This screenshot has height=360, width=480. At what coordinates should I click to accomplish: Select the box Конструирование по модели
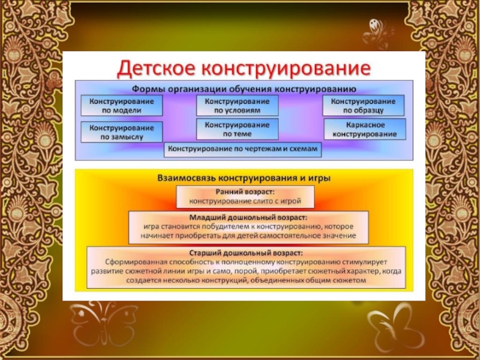point(121,106)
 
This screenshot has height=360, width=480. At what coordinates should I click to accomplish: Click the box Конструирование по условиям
point(237,106)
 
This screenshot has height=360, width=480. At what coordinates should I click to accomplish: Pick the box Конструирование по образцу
point(364,106)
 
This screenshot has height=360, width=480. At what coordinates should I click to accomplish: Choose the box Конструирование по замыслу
point(121,132)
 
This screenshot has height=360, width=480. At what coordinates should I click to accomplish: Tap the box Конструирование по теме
point(237,129)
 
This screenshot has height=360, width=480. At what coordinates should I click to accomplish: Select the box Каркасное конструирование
point(365,129)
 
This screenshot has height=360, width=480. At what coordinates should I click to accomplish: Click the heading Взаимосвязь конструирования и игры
point(244,178)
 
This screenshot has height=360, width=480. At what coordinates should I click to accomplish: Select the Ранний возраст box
point(245,196)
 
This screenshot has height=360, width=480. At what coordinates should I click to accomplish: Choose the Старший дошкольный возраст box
point(245,267)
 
